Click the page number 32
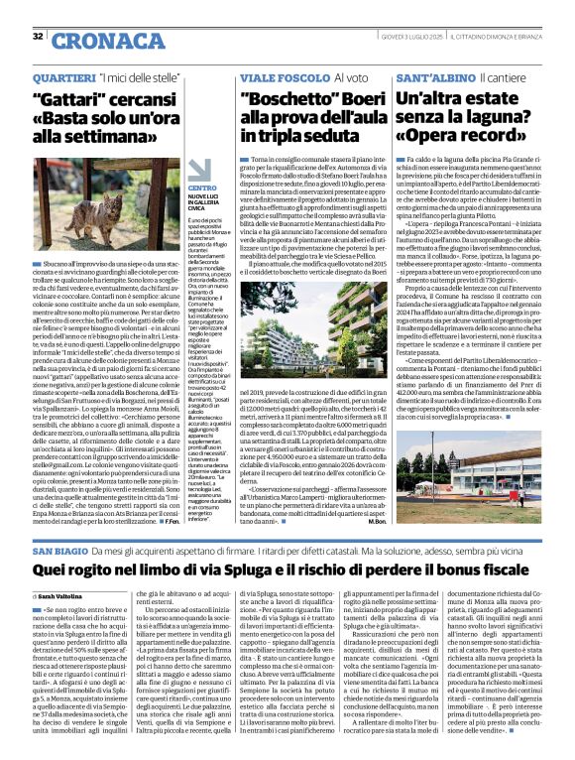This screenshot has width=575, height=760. [38, 37]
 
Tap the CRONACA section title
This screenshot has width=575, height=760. [95, 41]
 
